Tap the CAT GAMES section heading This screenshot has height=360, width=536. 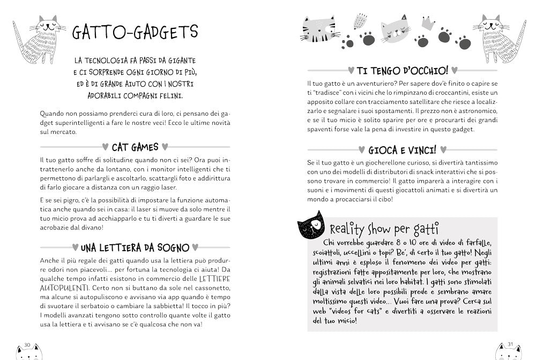135,146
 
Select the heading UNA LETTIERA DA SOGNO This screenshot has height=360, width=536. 135,247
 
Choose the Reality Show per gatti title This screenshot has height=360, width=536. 384,229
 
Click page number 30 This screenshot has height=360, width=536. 28,344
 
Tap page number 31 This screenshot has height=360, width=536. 510,344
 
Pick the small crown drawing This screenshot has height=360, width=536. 427,24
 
